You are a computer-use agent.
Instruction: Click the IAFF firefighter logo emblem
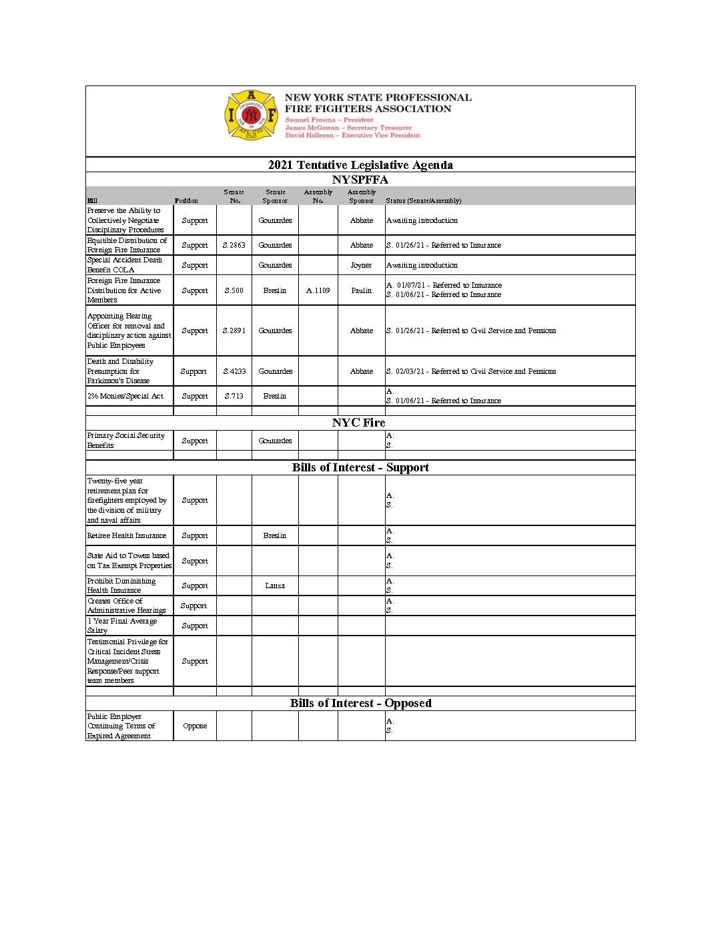point(250,115)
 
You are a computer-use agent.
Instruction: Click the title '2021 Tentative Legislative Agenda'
point(360,165)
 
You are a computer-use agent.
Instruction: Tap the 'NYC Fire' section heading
point(359,423)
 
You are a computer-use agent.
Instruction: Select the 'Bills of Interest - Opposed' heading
point(360,703)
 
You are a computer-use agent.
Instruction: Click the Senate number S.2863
point(234,245)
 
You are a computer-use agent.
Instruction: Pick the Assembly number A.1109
point(318,290)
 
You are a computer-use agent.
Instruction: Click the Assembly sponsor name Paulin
point(362,290)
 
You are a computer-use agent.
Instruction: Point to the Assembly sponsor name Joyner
point(361,265)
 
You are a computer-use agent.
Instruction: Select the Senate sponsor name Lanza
point(275,585)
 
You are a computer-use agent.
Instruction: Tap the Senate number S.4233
point(234,371)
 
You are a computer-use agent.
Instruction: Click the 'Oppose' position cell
point(195,726)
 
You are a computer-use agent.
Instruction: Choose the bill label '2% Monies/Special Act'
point(125,396)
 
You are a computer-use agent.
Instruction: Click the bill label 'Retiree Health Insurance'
point(127,535)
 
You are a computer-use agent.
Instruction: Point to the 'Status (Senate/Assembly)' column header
point(424,200)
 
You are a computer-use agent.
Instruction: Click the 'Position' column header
point(186,200)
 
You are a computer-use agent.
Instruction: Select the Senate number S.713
point(234,396)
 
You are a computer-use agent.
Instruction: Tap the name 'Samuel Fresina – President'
point(330,120)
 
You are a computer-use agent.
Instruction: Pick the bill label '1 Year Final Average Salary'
point(122,626)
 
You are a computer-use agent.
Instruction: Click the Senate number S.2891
point(234,330)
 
